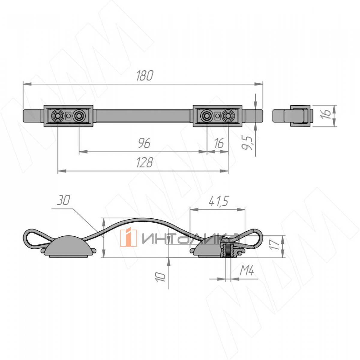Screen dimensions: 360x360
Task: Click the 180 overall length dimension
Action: pos(145,76)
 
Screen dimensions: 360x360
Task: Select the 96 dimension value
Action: pos(144,143)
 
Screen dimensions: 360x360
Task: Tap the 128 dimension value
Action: pos(145,162)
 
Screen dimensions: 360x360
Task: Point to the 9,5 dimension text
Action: pos(247,143)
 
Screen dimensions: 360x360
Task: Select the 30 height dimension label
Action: pos(64,200)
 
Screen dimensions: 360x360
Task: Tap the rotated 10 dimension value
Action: pos(160,277)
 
